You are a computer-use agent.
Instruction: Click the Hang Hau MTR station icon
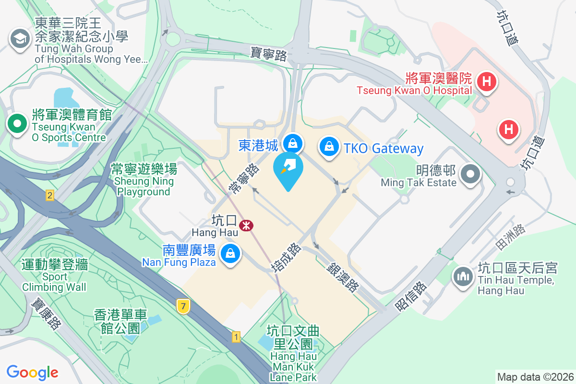(247, 225)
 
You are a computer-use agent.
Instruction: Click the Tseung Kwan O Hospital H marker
(487, 82)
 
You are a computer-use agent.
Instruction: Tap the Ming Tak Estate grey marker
(470, 174)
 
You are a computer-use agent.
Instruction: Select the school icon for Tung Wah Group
(20, 38)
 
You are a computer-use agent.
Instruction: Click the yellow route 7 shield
(182, 306)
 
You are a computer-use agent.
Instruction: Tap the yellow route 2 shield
(49, 195)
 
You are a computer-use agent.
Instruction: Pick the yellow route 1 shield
(236, 337)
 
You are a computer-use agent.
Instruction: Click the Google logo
(32, 372)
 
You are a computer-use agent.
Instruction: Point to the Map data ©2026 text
(535, 377)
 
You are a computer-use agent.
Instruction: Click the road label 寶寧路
(269, 53)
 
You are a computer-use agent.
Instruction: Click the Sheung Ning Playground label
(144, 180)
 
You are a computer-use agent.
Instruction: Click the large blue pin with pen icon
(288, 169)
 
